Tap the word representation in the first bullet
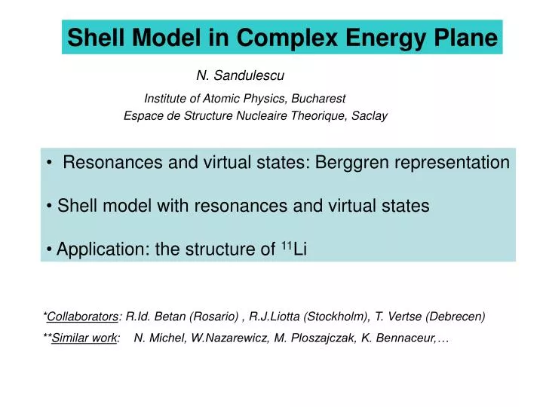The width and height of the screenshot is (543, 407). [453, 163]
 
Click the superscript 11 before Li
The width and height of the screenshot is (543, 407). [286, 246]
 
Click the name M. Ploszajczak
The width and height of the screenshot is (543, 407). [312, 339]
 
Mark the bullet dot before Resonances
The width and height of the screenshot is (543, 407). [49, 164]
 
